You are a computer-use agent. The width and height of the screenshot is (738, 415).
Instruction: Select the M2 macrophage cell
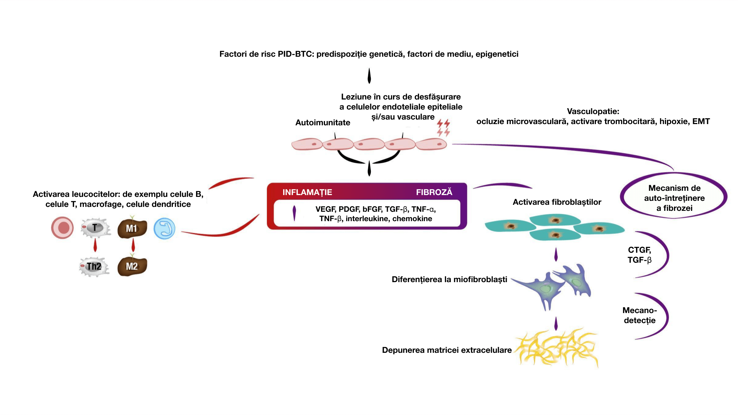click(x=132, y=266)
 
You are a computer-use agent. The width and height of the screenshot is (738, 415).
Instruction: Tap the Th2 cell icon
click(x=94, y=266)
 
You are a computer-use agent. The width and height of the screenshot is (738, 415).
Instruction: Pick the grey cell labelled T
click(x=95, y=228)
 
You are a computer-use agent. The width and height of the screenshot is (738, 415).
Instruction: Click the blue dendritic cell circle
click(x=164, y=228)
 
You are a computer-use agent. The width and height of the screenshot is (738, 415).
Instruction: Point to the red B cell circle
click(x=63, y=228)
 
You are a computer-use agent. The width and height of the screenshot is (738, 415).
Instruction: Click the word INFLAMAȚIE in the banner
click(x=307, y=192)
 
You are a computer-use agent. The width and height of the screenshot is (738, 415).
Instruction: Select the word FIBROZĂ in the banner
click(x=434, y=192)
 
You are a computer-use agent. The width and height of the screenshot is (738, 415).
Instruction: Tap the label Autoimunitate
click(x=323, y=123)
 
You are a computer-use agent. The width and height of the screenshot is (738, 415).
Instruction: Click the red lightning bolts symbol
click(x=443, y=128)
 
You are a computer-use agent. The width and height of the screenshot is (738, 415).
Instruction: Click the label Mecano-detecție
click(x=640, y=315)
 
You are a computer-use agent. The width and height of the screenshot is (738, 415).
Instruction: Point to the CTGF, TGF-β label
click(x=640, y=255)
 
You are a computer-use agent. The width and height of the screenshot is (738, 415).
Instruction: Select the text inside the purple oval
click(x=674, y=198)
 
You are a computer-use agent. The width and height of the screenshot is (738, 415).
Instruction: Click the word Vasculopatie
click(x=593, y=111)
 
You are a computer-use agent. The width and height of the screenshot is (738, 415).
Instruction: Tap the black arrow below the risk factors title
click(x=369, y=76)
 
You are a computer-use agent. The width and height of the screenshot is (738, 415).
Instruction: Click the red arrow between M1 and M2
click(x=133, y=245)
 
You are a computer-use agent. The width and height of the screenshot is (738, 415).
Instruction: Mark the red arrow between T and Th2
click(x=95, y=245)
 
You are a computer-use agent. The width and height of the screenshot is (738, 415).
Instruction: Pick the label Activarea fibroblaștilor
click(x=557, y=202)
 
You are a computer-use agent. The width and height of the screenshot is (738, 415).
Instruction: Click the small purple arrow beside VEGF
click(x=294, y=213)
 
